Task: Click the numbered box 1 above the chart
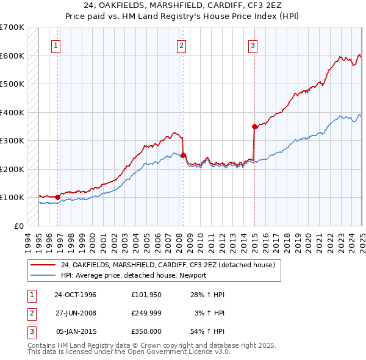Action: pyautogui.click(x=56, y=45)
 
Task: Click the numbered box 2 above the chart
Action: pyautogui.click(x=182, y=45)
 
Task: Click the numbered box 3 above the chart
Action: pyautogui.click(x=253, y=45)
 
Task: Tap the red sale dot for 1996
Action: pyautogui.click(x=57, y=197)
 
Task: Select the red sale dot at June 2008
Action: pyautogui.click(x=183, y=155)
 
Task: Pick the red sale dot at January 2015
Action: pyautogui.click(x=254, y=126)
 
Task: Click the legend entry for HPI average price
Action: pyautogui.click(x=134, y=275)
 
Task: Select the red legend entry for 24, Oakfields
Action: pyautogui.click(x=168, y=265)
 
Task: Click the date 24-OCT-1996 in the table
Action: pyautogui.click(x=76, y=295)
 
